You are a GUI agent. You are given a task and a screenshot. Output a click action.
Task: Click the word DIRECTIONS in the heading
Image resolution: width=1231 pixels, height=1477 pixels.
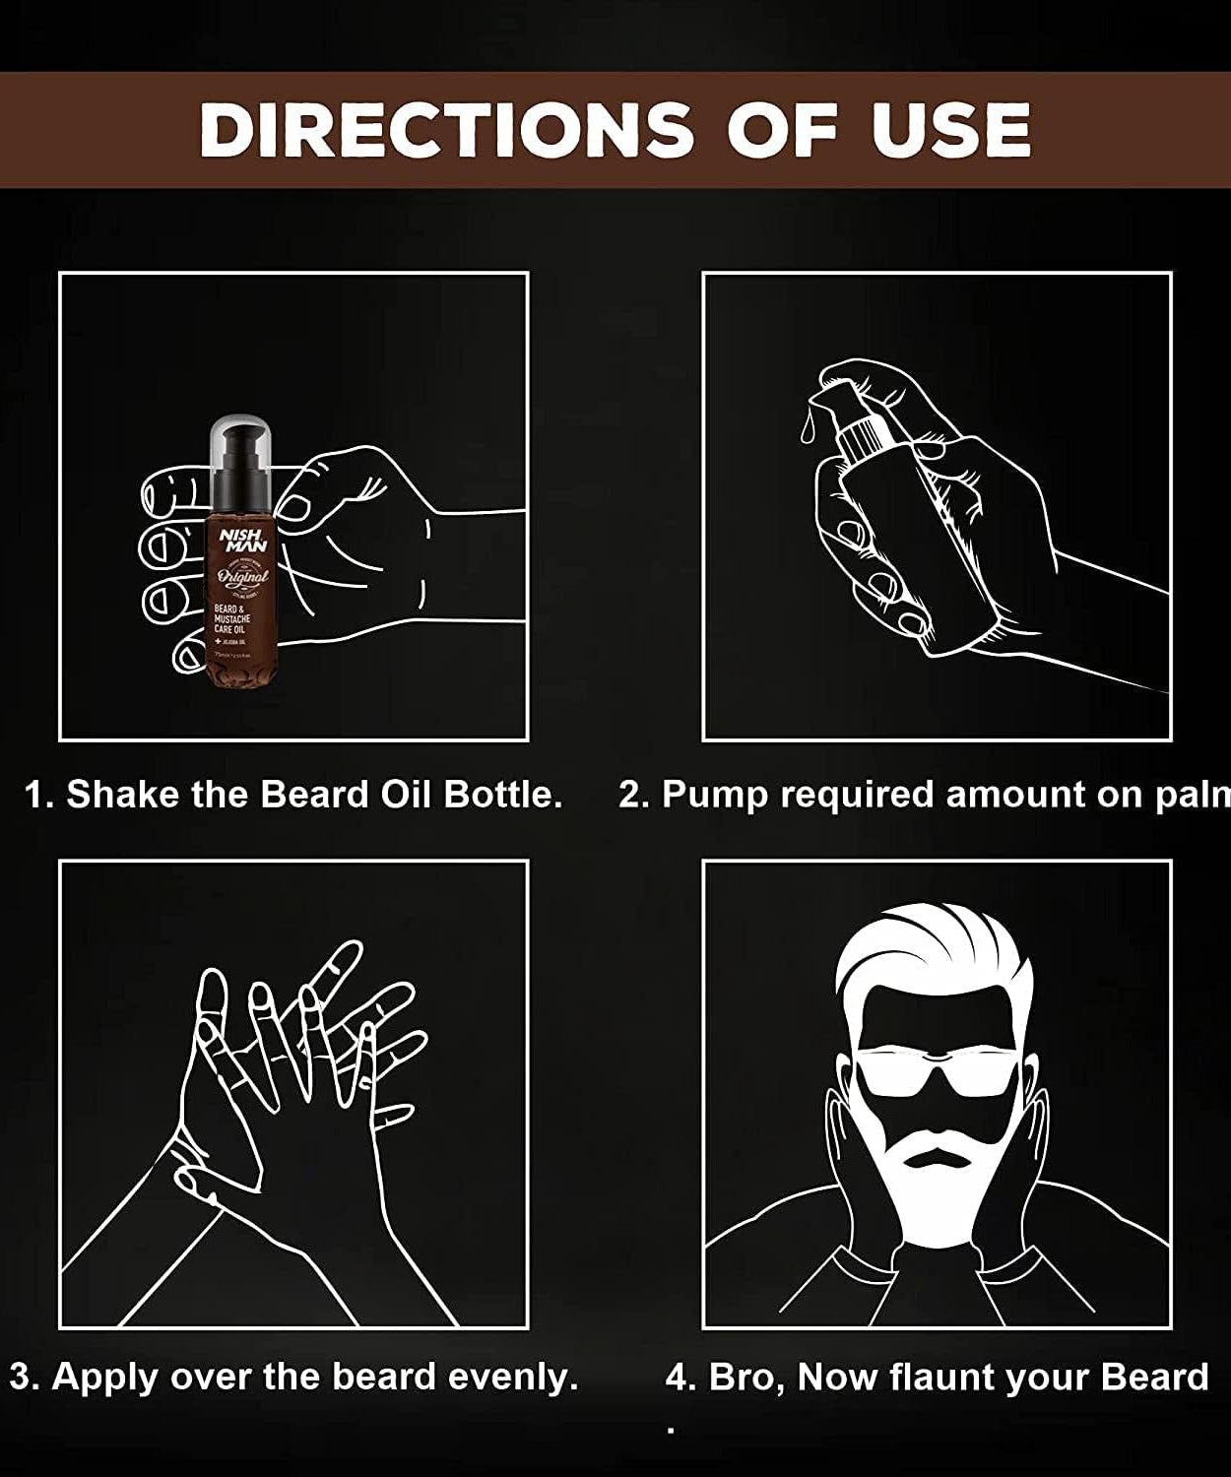(445, 130)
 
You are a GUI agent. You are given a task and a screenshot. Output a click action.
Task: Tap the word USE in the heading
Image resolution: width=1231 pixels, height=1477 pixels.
(950, 130)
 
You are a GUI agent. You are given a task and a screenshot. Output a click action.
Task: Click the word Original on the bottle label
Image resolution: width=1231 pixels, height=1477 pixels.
(241, 576)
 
